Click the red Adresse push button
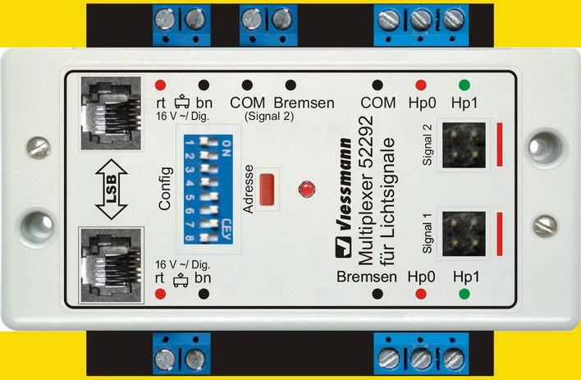coord(267,189)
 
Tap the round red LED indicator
coord(307,189)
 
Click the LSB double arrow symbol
coord(111,189)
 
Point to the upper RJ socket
coord(111,112)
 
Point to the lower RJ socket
coord(111,265)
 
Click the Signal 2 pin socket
coord(464,145)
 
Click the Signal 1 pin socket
coord(464,234)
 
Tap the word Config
coord(165,189)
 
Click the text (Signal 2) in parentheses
coord(269,117)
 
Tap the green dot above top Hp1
coord(464,85)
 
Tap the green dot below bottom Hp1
coord(464,294)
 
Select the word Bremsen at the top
coord(304,103)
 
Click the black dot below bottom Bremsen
coord(377,294)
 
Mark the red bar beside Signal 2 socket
coord(500,144)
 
